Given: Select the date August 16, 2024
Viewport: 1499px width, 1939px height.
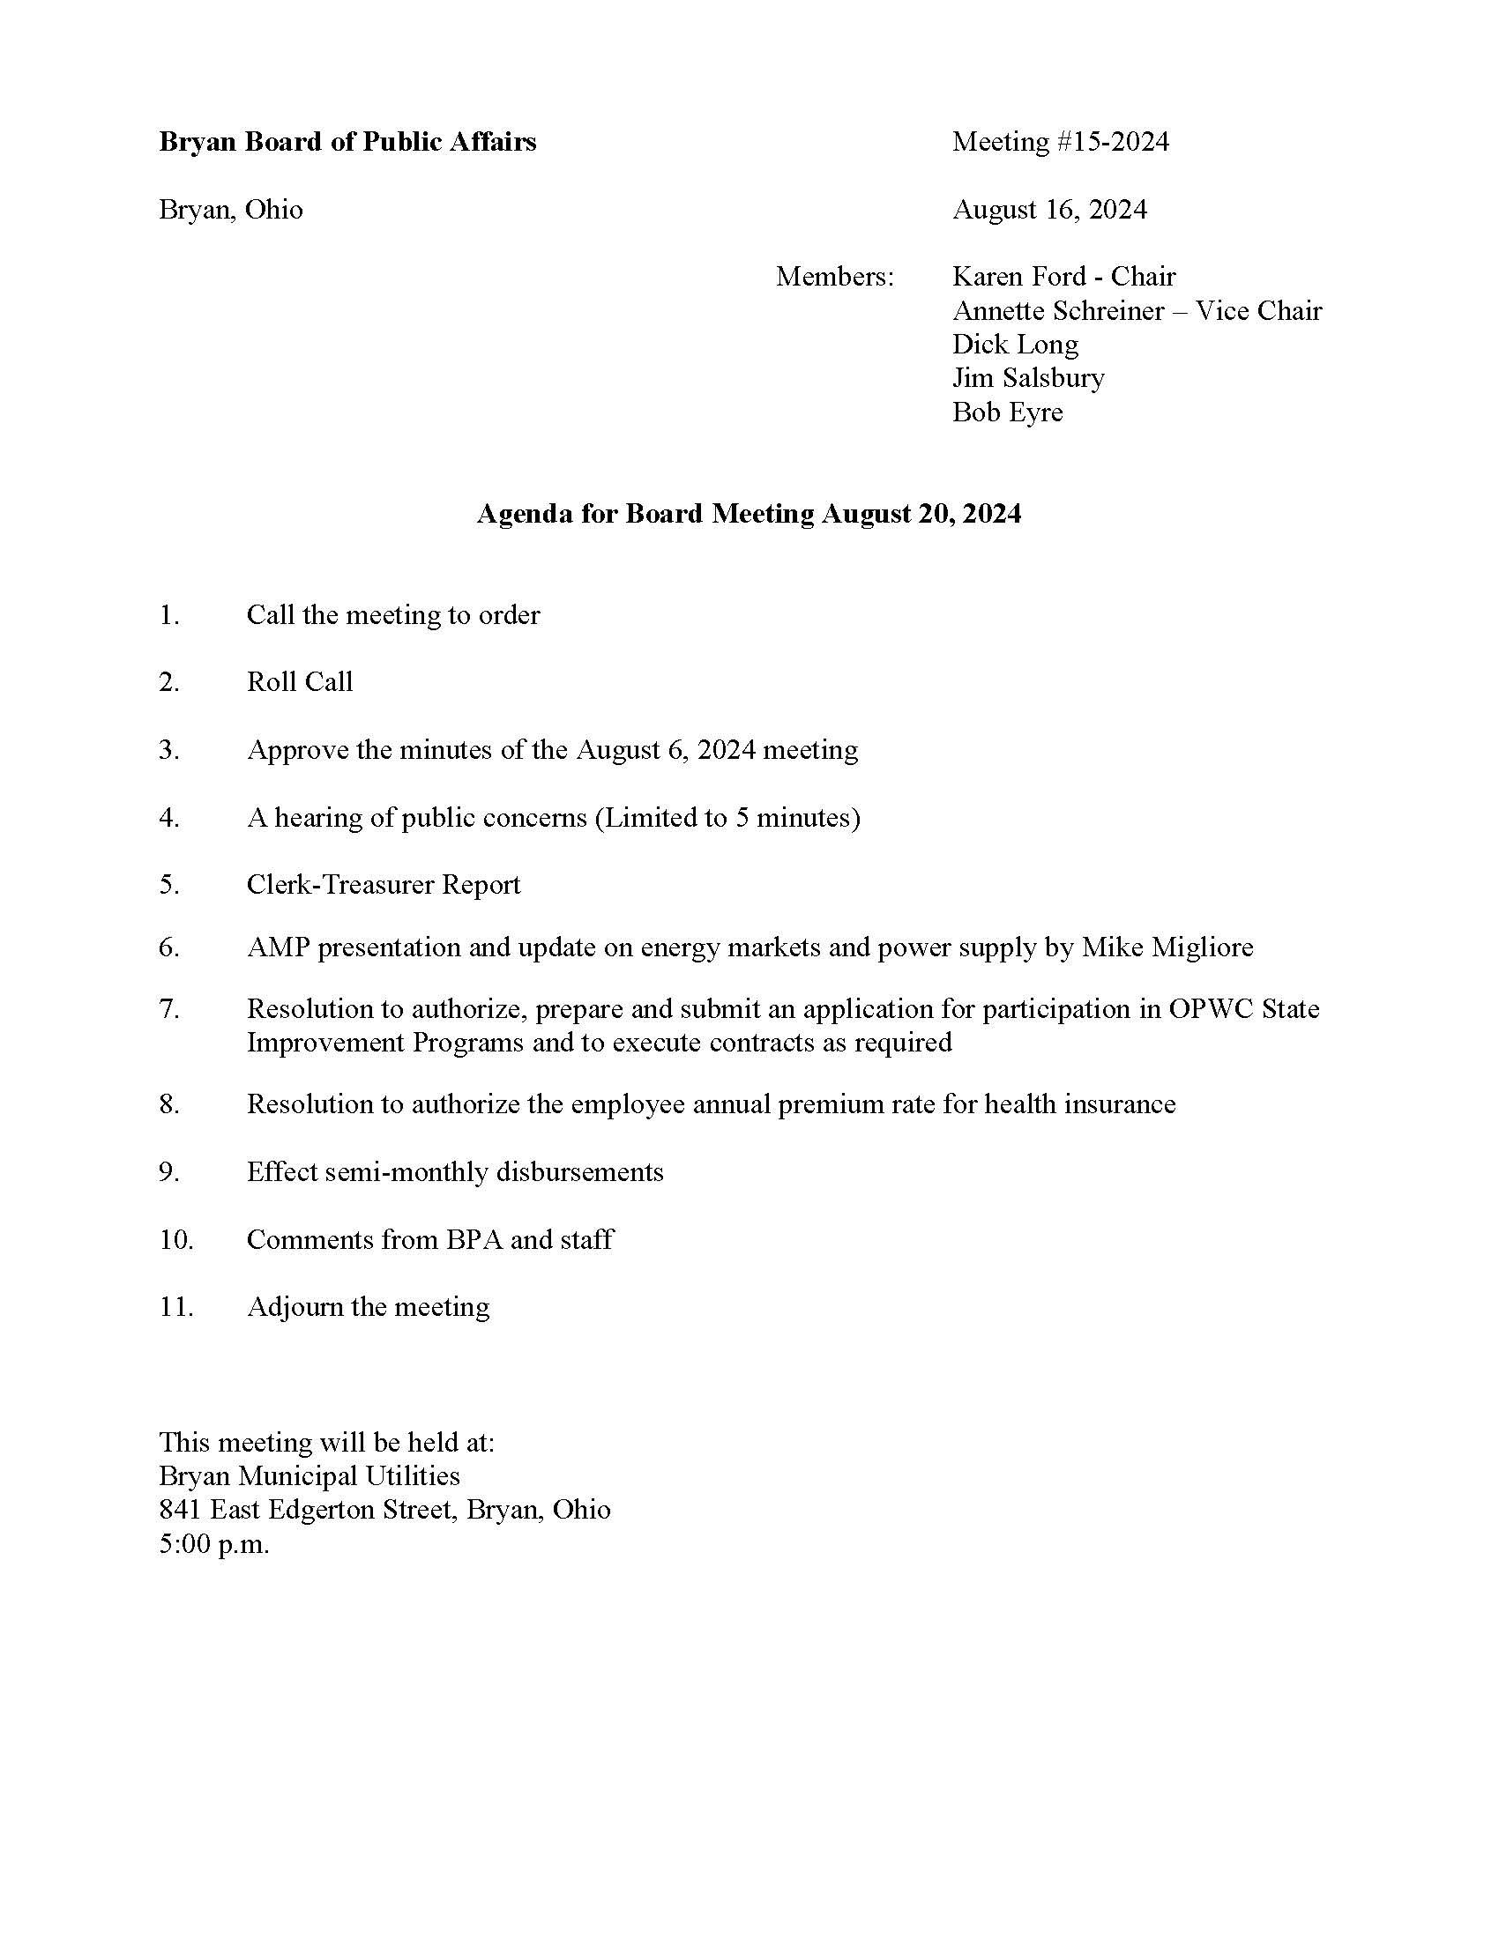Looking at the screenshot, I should click(x=1049, y=210).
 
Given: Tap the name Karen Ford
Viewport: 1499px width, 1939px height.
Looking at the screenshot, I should click(x=1018, y=277).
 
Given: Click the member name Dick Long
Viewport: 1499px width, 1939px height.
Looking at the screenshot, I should click(x=1015, y=345).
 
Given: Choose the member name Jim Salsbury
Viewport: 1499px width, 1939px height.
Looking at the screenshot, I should click(x=1028, y=378).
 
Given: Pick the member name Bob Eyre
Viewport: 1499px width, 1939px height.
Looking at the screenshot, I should click(x=1007, y=412).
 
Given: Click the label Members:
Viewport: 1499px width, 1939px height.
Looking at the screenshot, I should click(x=835, y=277).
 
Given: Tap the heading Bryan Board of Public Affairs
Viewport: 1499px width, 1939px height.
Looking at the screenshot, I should click(x=347, y=142).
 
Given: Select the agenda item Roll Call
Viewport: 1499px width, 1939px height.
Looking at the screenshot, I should click(x=299, y=682).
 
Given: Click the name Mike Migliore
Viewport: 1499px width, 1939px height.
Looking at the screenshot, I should click(x=1167, y=947).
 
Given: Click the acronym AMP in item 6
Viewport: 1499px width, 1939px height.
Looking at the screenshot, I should click(x=277, y=947).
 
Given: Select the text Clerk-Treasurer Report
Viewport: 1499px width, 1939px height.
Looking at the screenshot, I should click(x=384, y=884).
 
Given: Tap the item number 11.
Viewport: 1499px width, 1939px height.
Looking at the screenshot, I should click(x=175, y=1307).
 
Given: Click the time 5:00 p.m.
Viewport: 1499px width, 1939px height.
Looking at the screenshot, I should click(x=214, y=1545).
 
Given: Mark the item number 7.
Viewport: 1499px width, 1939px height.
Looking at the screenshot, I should click(x=169, y=1009).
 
